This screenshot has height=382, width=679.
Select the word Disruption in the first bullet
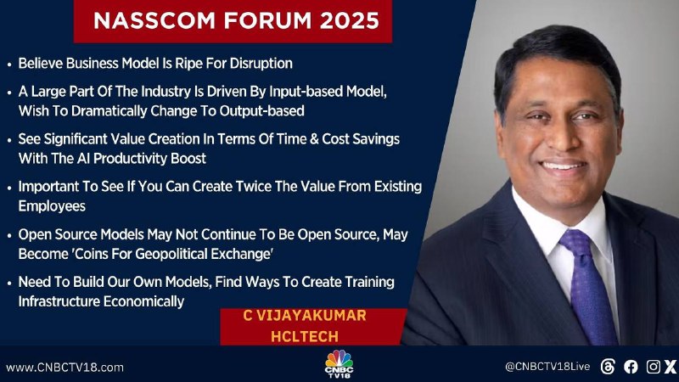pos(261,64)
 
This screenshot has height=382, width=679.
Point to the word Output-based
pos(261,111)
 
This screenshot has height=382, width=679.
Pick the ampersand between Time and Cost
pos(314,139)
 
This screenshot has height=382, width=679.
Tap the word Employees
pos(52,206)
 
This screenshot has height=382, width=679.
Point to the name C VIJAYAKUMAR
pos(305,315)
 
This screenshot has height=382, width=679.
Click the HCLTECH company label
pos(305,336)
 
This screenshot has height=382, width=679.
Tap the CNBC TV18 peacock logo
pos(339,363)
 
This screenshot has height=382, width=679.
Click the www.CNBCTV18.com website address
pos(65,368)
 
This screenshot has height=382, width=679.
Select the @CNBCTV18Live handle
pos(547,367)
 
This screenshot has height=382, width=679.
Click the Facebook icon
pos(631,367)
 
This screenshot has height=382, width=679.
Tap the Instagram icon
pos(653,367)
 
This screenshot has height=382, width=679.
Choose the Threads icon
pos(608,367)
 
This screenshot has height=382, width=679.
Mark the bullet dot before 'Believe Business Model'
pos(9,65)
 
